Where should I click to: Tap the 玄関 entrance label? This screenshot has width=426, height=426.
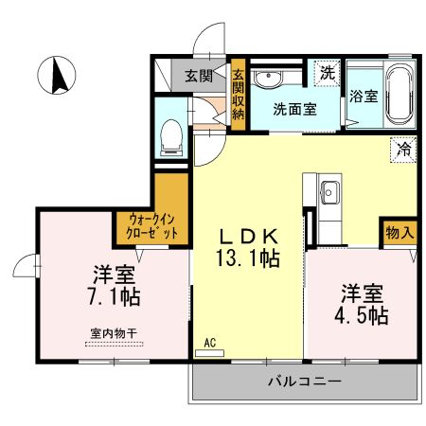tap(197, 77)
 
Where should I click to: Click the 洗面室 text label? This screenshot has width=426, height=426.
tap(295, 108)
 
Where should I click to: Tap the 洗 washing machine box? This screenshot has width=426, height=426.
tap(327, 73)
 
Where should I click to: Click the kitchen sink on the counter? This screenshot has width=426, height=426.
tap(329, 192)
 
